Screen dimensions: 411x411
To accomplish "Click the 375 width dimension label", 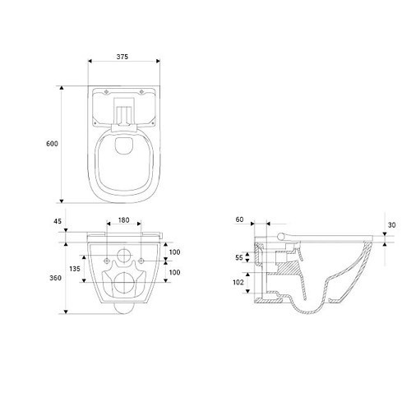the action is pyautogui.click(x=122, y=57).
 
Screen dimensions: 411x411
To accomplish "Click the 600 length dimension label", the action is pyautogui.click(x=52, y=144).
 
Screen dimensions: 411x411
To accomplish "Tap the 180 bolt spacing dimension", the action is pyautogui.click(x=123, y=220).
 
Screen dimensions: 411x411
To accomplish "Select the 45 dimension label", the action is pyautogui.click(x=58, y=221).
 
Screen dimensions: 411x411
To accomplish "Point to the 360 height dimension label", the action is pyautogui.click(x=55, y=278).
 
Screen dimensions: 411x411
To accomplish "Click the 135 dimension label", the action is pyautogui.click(x=75, y=269).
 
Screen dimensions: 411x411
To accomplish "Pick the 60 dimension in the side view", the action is pyautogui.click(x=239, y=219).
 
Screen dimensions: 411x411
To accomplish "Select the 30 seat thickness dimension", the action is pyautogui.click(x=392, y=225).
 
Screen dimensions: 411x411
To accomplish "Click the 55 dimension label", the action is pyautogui.click(x=239, y=257).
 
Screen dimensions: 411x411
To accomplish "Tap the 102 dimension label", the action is pyautogui.click(x=238, y=282).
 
